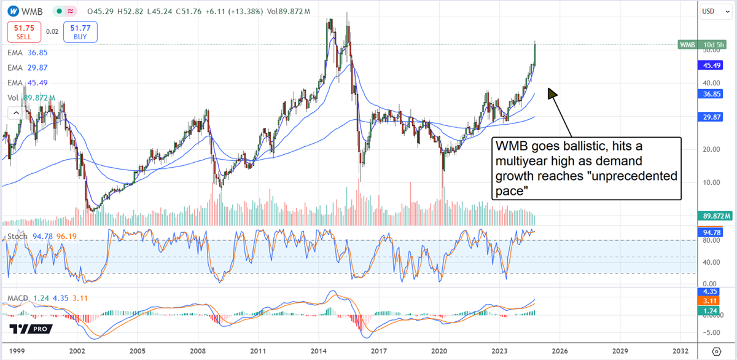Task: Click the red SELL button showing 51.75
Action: click(x=23, y=32)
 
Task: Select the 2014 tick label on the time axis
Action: click(x=319, y=351)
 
